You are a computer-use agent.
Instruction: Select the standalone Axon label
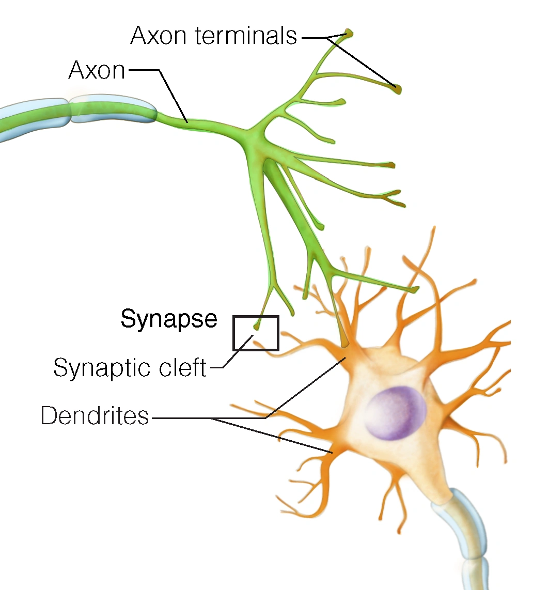(x=97, y=70)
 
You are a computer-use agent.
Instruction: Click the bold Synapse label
(x=169, y=319)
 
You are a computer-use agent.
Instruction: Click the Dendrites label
(x=95, y=416)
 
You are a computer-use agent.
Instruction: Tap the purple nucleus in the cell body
(x=395, y=413)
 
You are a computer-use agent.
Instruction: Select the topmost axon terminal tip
(x=350, y=33)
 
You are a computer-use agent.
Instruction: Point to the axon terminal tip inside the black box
(x=257, y=327)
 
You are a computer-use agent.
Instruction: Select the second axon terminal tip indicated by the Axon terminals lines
(x=397, y=89)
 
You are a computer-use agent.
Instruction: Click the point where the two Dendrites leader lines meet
(x=214, y=418)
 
